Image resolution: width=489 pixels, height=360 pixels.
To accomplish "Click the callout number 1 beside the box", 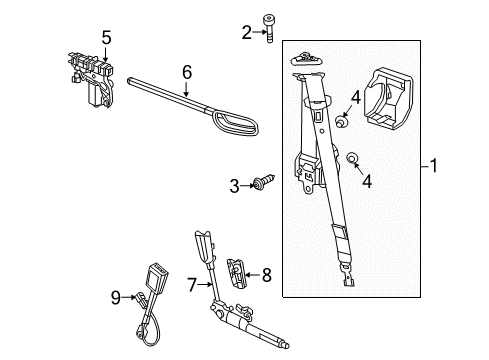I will click(433, 166).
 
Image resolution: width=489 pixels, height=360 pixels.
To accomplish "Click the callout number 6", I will click(186, 72).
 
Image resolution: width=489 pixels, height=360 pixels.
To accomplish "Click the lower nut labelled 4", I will click(353, 160).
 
